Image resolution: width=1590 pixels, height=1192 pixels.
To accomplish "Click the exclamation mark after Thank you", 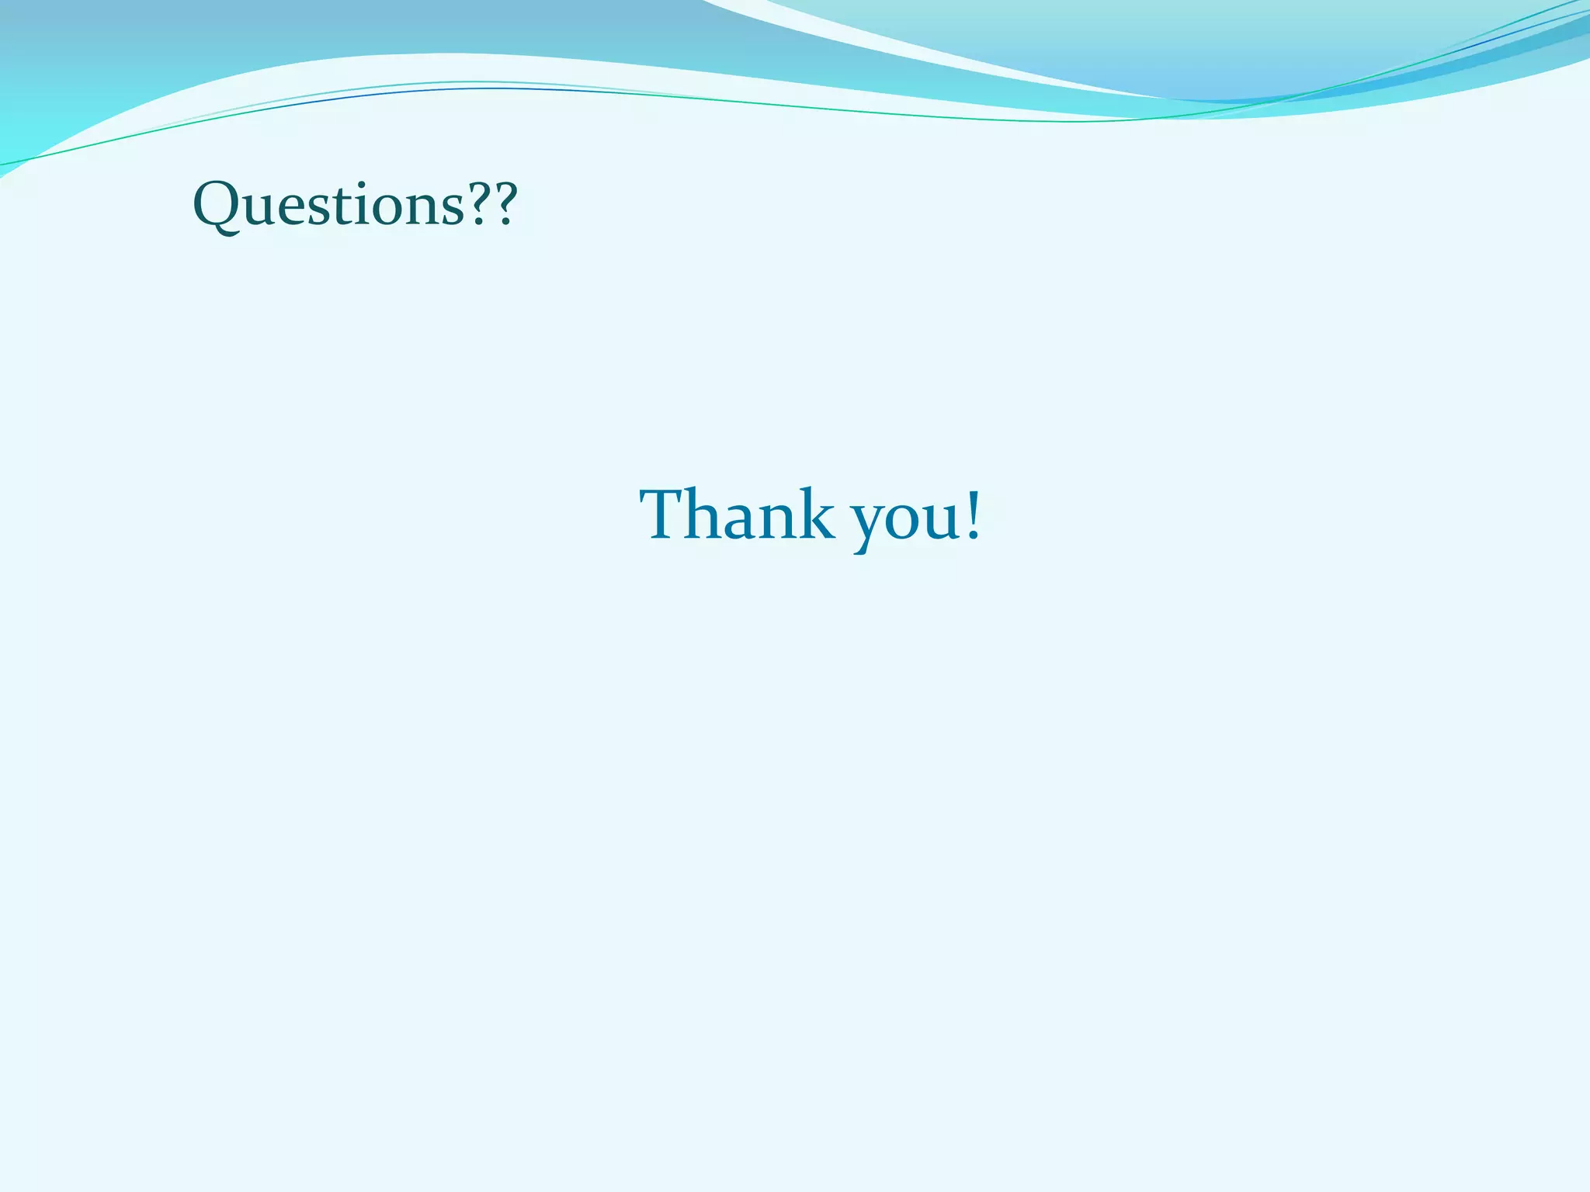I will click(x=973, y=514).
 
